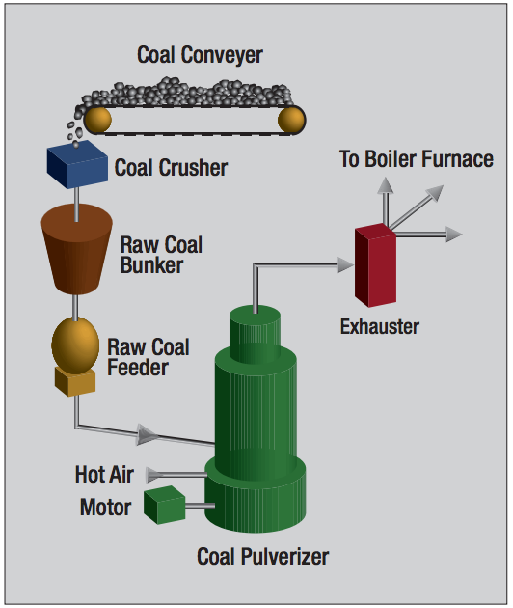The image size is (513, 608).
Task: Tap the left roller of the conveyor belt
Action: [x=96, y=119]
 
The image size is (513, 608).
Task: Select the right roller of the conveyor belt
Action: [x=290, y=120]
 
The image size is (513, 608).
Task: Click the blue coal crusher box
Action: [x=76, y=165]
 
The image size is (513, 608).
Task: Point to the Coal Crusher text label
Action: [x=171, y=168]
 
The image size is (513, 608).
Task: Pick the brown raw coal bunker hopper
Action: [x=77, y=247]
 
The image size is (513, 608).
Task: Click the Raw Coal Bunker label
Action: [x=161, y=254]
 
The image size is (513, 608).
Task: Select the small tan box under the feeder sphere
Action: [x=75, y=382]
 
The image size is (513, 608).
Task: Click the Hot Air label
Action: [x=104, y=475]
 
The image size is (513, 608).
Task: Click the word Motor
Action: [x=105, y=508]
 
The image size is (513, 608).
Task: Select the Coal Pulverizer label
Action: [x=262, y=557]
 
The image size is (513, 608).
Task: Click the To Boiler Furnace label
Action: [x=416, y=159]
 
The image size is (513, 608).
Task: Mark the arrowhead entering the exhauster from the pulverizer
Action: [x=344, y=263]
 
